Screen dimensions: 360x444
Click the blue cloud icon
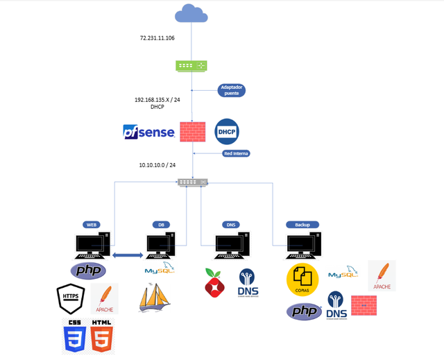coord(191,13)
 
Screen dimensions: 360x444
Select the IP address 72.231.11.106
coord(157,38)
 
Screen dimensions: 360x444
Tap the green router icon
coord(191,66)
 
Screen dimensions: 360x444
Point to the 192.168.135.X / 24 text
coord(157,100)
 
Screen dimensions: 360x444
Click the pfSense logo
coord(148,131)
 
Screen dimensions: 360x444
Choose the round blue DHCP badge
coord(227,131)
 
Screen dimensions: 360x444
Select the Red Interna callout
coord(237,153)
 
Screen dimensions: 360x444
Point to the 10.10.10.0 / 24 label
coord(157,166)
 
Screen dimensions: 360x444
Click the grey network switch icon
coord(192,182)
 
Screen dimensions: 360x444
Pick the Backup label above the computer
coord(302,225)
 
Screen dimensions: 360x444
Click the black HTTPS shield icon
coord(71,298)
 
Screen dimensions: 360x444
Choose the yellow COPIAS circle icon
coord(302,280)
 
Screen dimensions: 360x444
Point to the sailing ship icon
coord(154,298)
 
